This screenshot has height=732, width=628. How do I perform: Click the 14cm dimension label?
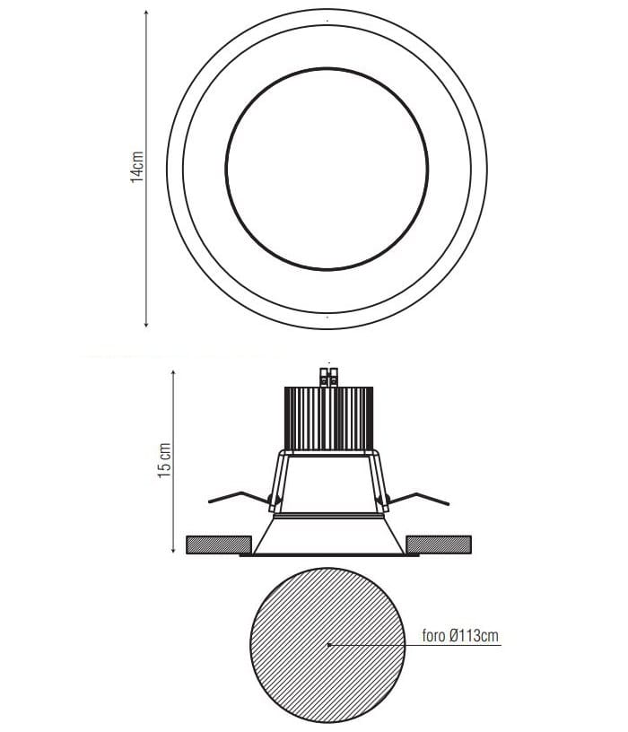[137, 168]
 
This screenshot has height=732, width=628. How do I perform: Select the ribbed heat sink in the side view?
[327, 418]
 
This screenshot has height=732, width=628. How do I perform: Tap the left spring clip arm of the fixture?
[235, 496]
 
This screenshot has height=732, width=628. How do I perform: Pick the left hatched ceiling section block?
[218, 545]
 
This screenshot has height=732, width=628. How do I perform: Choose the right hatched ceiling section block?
[439, 545]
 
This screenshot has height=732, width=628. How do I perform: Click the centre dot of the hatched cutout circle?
[329, 644]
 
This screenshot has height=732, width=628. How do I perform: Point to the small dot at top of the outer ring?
[327, 20]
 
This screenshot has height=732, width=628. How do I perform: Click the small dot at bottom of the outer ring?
[327, 317]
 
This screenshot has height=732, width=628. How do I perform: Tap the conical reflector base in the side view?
[328, 536]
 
